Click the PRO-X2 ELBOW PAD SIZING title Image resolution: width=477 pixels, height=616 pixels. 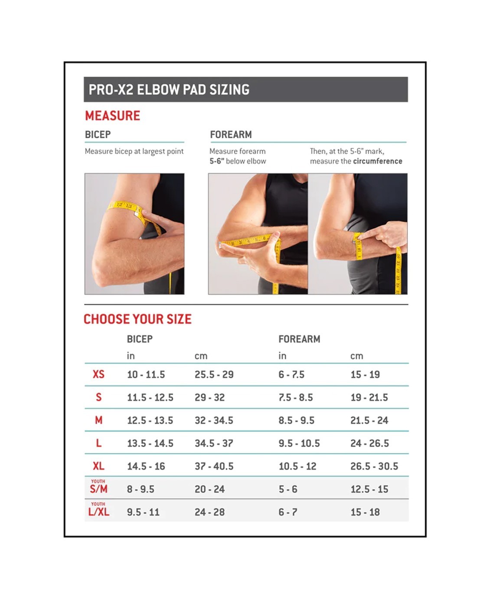(169, 90)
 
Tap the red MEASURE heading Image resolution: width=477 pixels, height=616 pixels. (112, 116)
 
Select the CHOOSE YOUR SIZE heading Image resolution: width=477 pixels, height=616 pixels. (137, 319)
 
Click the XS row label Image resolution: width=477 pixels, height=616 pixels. (98, 374)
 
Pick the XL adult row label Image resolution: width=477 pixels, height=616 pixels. (98, 466)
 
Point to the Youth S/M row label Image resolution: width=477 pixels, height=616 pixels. (98, 486)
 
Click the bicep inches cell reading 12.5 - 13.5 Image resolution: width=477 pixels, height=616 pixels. (150, 420)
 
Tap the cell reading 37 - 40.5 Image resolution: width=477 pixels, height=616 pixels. (214, 466)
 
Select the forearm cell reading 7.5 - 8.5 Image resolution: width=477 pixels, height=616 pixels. (295, 397)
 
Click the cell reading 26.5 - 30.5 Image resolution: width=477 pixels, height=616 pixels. (374, 466)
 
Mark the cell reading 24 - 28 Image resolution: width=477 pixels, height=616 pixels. (209, 512)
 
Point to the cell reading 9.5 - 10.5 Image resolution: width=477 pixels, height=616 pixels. (299, 443)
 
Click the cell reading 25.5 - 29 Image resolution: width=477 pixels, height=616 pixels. (214, 374)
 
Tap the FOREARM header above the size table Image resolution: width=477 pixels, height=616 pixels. (299, 339)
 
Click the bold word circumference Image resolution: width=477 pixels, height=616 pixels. (377, 161)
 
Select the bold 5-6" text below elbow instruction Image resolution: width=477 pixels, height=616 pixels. (217, 161)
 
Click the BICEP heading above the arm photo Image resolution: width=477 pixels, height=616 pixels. (98, 134)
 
